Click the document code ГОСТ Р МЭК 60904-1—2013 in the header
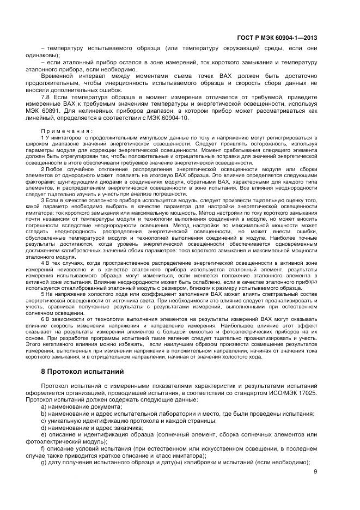[x=278, y=38]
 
